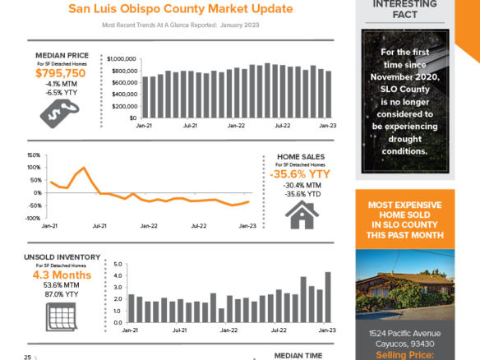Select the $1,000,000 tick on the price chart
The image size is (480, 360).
click(x=122, y=59)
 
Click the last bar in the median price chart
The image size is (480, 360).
click(x=329, y=95)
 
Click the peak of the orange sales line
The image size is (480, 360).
click(x=84, y=168)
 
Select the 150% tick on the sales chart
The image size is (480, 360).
click(x=34, y=155)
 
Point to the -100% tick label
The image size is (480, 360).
click(x=33, y=218)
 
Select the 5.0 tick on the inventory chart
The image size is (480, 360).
click(x=118, y=265)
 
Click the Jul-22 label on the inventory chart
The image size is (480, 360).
click(x=281, y=329)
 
